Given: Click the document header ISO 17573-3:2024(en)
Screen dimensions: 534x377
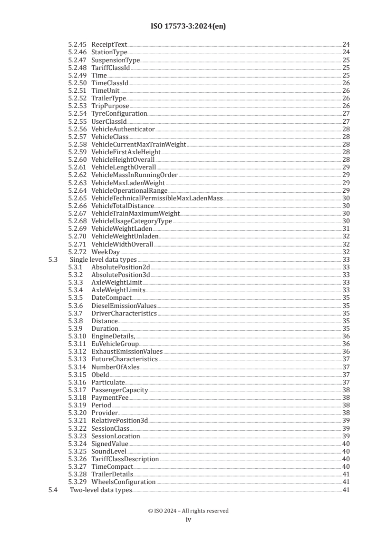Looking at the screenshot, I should coord(188,27).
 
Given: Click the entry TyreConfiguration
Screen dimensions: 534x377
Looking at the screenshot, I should coord(119,114).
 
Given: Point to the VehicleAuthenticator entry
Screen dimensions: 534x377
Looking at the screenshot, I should coord(123,129).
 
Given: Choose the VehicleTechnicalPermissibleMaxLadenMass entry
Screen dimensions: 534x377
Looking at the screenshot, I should coord(156,198).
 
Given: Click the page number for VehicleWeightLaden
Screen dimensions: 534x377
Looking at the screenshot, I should coord(346,229).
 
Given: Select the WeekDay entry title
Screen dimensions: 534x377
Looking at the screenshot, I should coord(106,252).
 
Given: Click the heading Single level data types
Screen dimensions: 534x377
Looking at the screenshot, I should coord(103,260).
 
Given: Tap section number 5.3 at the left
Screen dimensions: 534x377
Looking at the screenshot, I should coord(53,260).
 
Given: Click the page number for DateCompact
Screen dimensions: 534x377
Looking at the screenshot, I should coord(346,298).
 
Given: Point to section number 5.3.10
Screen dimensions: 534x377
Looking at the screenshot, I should coord(77,336).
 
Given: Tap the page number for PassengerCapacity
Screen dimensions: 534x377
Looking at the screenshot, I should coord(346,390).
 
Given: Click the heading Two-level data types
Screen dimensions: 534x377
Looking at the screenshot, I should coord(101,490).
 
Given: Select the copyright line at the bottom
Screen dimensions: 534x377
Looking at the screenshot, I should coord(188,511).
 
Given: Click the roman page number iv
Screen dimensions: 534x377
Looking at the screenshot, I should coord(188,520).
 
